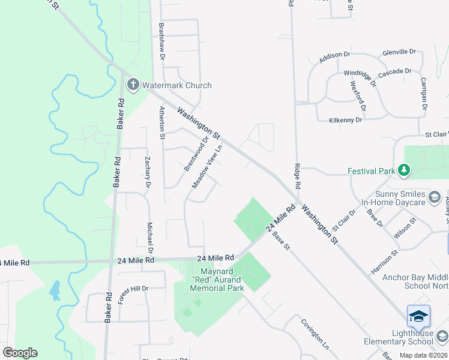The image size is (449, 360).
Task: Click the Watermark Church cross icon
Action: [133, 85]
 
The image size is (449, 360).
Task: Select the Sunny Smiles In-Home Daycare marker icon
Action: [435, 197]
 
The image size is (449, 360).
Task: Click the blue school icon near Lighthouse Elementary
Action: [418, 316]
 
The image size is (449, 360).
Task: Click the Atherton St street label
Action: [162, 123]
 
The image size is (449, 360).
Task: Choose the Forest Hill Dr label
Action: [133, 295]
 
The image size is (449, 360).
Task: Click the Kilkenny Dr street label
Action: [346, 120]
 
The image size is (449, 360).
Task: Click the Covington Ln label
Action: [315, 334]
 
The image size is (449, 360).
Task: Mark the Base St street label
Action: [282, 241]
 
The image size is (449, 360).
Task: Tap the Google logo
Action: [20, 353]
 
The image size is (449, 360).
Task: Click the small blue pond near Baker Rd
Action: [55, 290]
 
